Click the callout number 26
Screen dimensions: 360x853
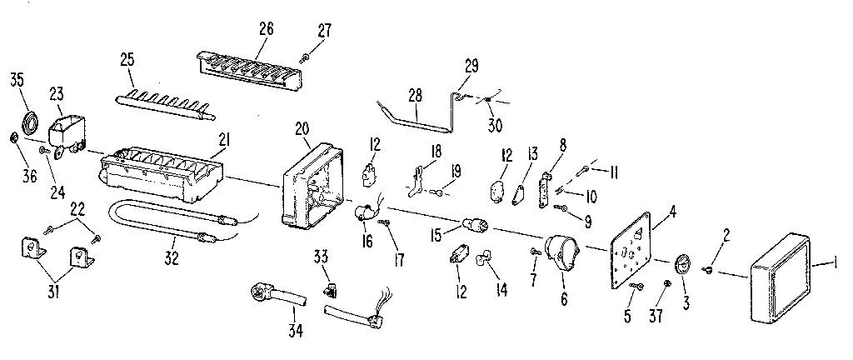[x=266, y=29]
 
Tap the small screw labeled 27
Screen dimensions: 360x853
[x=304, y=56]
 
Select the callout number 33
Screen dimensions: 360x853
[x=322, y=257]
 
